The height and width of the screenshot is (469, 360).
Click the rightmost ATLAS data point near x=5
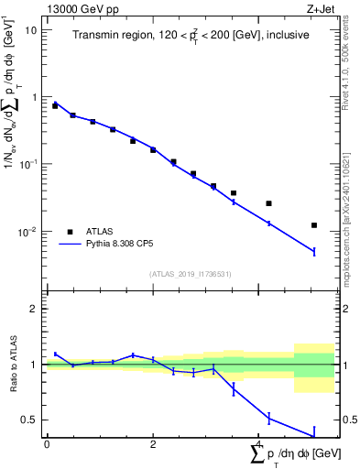pyautogui.click(x=314, y=225)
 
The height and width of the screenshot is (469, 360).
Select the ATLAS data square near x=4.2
pyautogui.click(x=268, y=203)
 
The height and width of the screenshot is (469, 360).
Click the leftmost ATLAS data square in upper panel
pyautogui.click(x=55, y=106)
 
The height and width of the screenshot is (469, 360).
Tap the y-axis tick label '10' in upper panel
pyautogui.click(x=31, y=29)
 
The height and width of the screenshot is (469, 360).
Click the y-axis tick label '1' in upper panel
pyautogui.click(x=34, y=97)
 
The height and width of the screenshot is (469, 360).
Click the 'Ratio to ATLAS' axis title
pyautogui.click(x=12, y=365)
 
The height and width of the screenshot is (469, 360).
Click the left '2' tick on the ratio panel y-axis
pyautogui.click(x=35, y=309)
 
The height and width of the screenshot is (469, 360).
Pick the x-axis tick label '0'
pyautogui.click(x=46, y=444)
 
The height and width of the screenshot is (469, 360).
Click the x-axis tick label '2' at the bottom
pyautogui.click(x=153, y=444)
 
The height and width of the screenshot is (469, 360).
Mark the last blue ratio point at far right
pyautogui.click(x=314, y=435)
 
